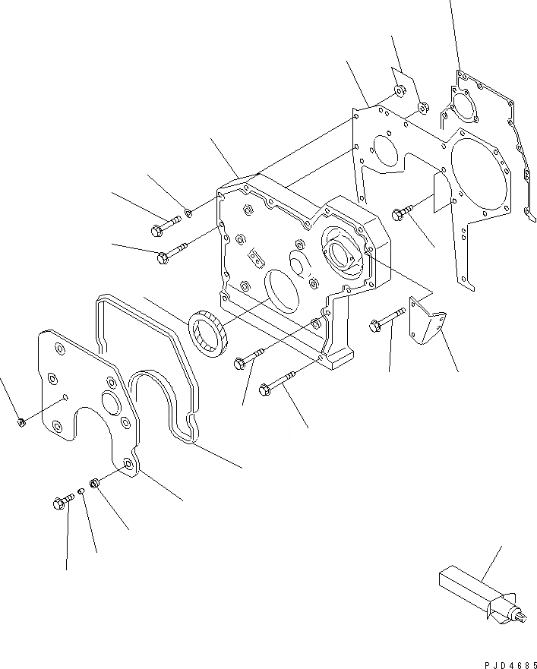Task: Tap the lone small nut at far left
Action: click(x=21, y=421)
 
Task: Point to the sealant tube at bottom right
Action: click(x=475, y=592)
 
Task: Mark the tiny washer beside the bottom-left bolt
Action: click(x=81, y=491)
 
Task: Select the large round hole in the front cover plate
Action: click(x=106, y=403)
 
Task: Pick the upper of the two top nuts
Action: click(x=398, y=94)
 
